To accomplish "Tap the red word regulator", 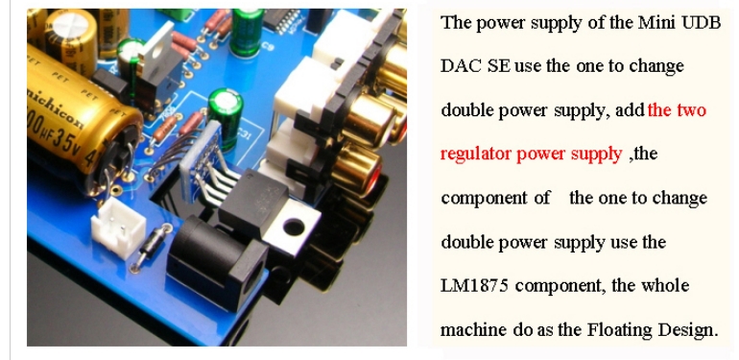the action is (476, 155).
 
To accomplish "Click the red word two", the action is (691, 110).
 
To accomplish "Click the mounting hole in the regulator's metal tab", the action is (293, 228).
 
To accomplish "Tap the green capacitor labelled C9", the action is (246, 31).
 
